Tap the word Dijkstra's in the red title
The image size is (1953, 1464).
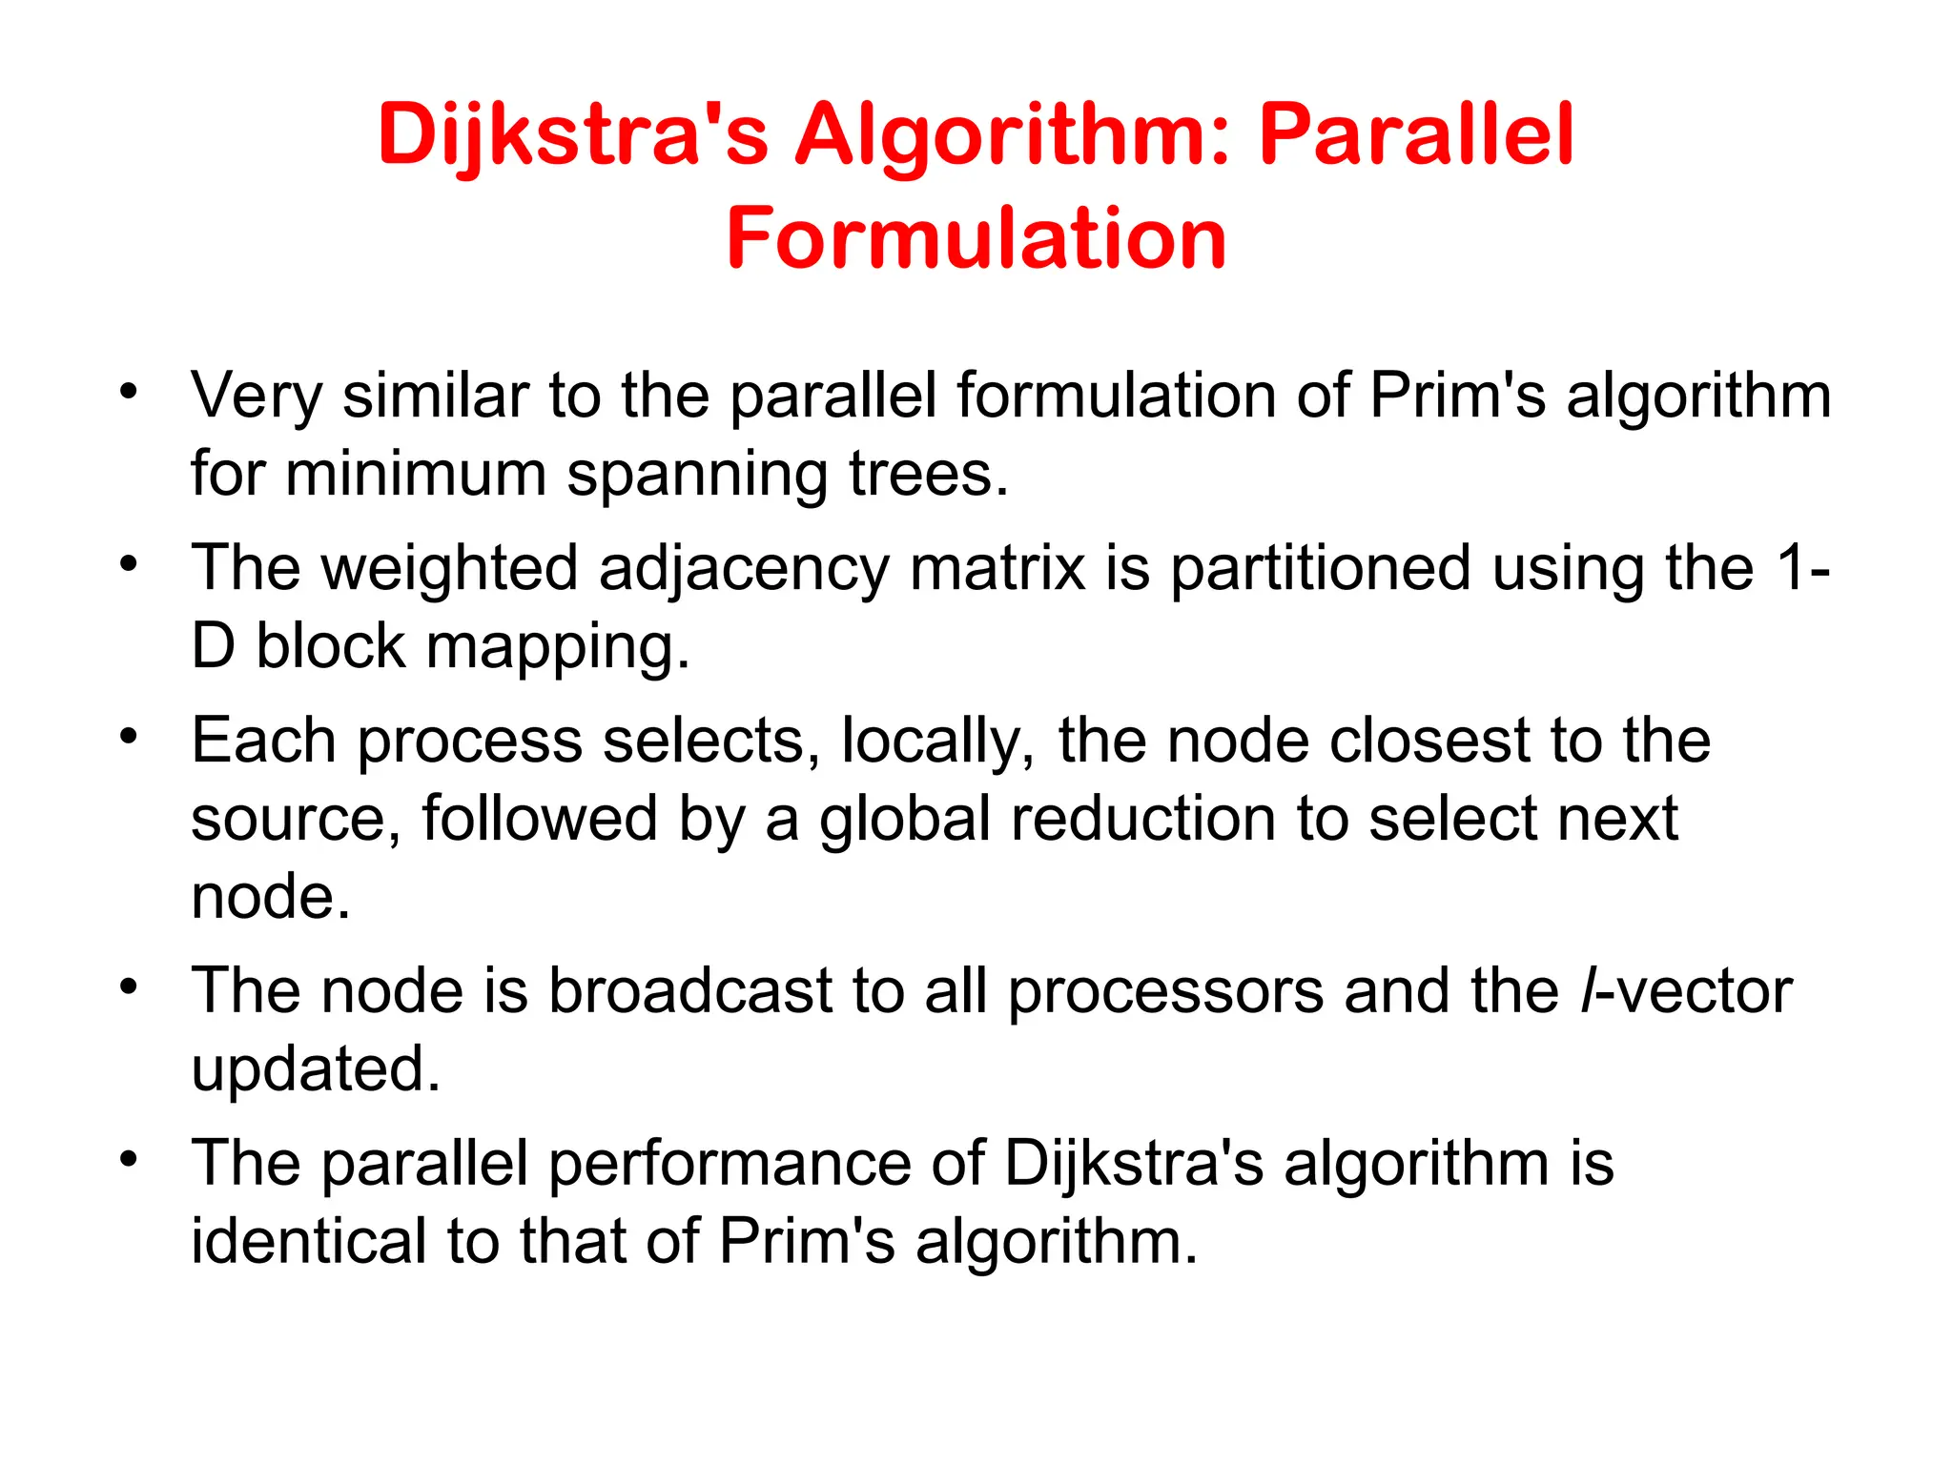(x=572, y=135)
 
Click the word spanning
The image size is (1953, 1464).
(x=697, y=475)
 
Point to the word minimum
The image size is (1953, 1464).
(x=416, y=475)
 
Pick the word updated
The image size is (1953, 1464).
(x=316, y=1069)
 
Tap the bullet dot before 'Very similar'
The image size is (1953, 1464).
(x=129, y=391)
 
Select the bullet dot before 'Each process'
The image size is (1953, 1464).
(x=129, y=737)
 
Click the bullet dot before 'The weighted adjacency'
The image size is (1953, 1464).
(x=129, y=564)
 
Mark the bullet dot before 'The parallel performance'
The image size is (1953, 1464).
(x=129, y=1160)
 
